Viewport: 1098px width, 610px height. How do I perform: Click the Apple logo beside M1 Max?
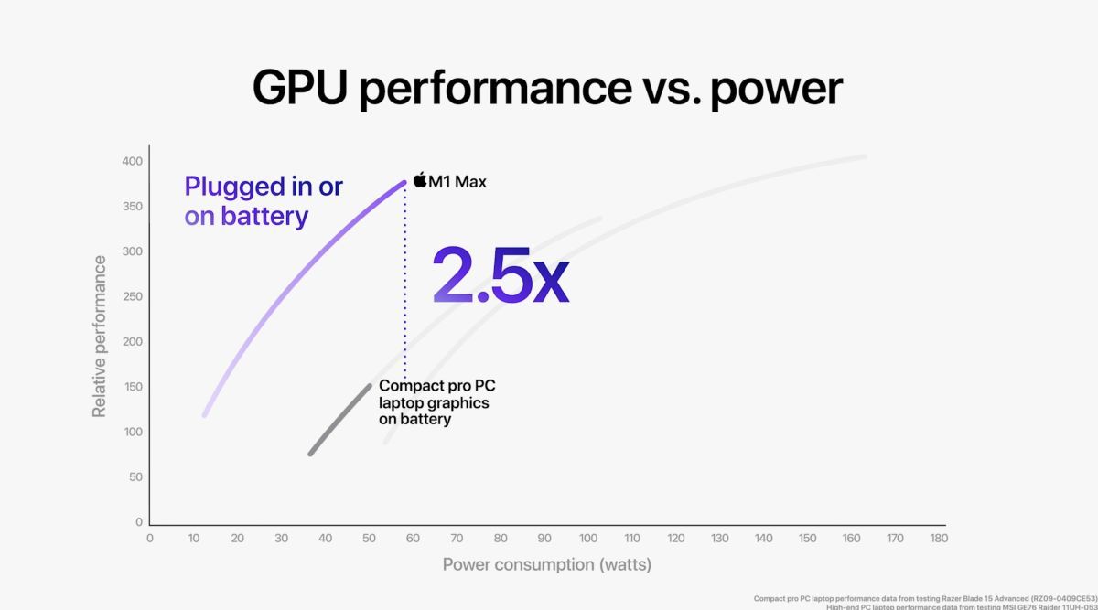coord(421,179)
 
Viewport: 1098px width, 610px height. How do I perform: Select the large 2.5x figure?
coord(501,274)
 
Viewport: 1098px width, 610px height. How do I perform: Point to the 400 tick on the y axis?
coord(133,162)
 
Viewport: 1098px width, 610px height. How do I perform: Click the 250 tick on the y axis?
coord(133,297)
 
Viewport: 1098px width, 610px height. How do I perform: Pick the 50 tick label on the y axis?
coord(135,477)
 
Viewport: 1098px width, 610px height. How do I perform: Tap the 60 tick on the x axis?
coord(413,539)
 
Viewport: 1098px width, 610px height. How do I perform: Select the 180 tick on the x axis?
coord(938,539)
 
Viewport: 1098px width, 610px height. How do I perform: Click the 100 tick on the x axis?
coord(587,539)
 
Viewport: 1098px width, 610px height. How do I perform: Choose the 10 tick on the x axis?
coord(194,539)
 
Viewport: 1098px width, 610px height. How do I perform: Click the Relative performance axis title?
coord(100,337)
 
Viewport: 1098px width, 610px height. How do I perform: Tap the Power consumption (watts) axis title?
coord(547,564)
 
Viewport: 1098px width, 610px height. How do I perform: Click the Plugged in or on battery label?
coord(263,201)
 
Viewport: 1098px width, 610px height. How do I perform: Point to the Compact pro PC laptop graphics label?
coord(436,402)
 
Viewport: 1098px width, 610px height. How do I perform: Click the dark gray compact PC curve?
coord(340,420)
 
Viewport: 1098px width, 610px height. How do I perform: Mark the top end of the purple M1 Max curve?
coord(404,182)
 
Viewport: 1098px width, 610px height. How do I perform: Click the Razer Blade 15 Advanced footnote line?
coord(924,598)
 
